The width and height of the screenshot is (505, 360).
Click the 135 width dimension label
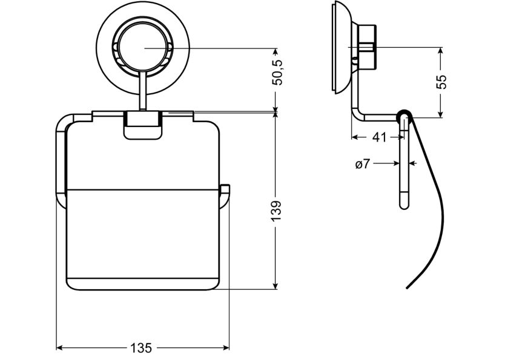(x=141, y=348)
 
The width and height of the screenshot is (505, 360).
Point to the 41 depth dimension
(x=379, y=137)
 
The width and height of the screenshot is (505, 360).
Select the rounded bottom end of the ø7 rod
(x=404, y=205)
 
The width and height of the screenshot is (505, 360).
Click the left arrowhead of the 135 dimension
(x=59, y=348)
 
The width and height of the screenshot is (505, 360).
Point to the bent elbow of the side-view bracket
(x=358, y=114)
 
